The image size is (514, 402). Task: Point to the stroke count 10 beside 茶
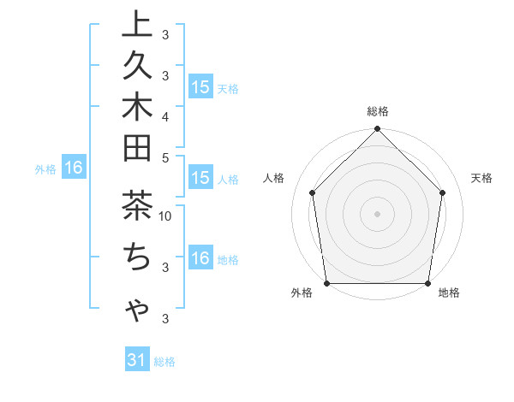click(x=165, y=216)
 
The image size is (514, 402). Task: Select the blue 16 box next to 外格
click(x=73, y=168)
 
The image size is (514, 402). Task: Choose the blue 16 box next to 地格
click(x=200, y=258)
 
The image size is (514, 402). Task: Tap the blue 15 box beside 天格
click(x=200, y=87)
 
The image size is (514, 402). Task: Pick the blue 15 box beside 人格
click(x=200, y=179)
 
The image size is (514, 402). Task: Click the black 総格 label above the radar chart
click(x=378, y=111)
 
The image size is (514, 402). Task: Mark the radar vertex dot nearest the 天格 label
click(x=443, y=192)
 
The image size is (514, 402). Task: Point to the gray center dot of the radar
click(x=378, y=213)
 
